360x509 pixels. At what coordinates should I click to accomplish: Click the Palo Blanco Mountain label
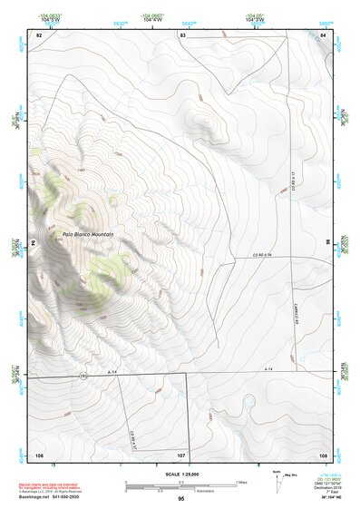[x=92, y=237]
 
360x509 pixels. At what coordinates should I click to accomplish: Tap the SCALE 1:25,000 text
[x=180, y=475]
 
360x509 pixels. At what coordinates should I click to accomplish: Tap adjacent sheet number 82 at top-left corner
[x=39, y=34]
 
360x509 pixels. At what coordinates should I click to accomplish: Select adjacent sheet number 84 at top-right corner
[x=324, y=34]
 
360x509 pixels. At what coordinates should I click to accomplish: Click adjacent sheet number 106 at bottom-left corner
[x=39, y=453]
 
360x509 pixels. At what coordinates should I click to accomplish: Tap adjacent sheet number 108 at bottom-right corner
[x=323, y=453]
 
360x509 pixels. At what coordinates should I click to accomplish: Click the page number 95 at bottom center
[x=181, y=498]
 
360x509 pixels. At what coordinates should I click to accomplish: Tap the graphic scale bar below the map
[x=180, y=486]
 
